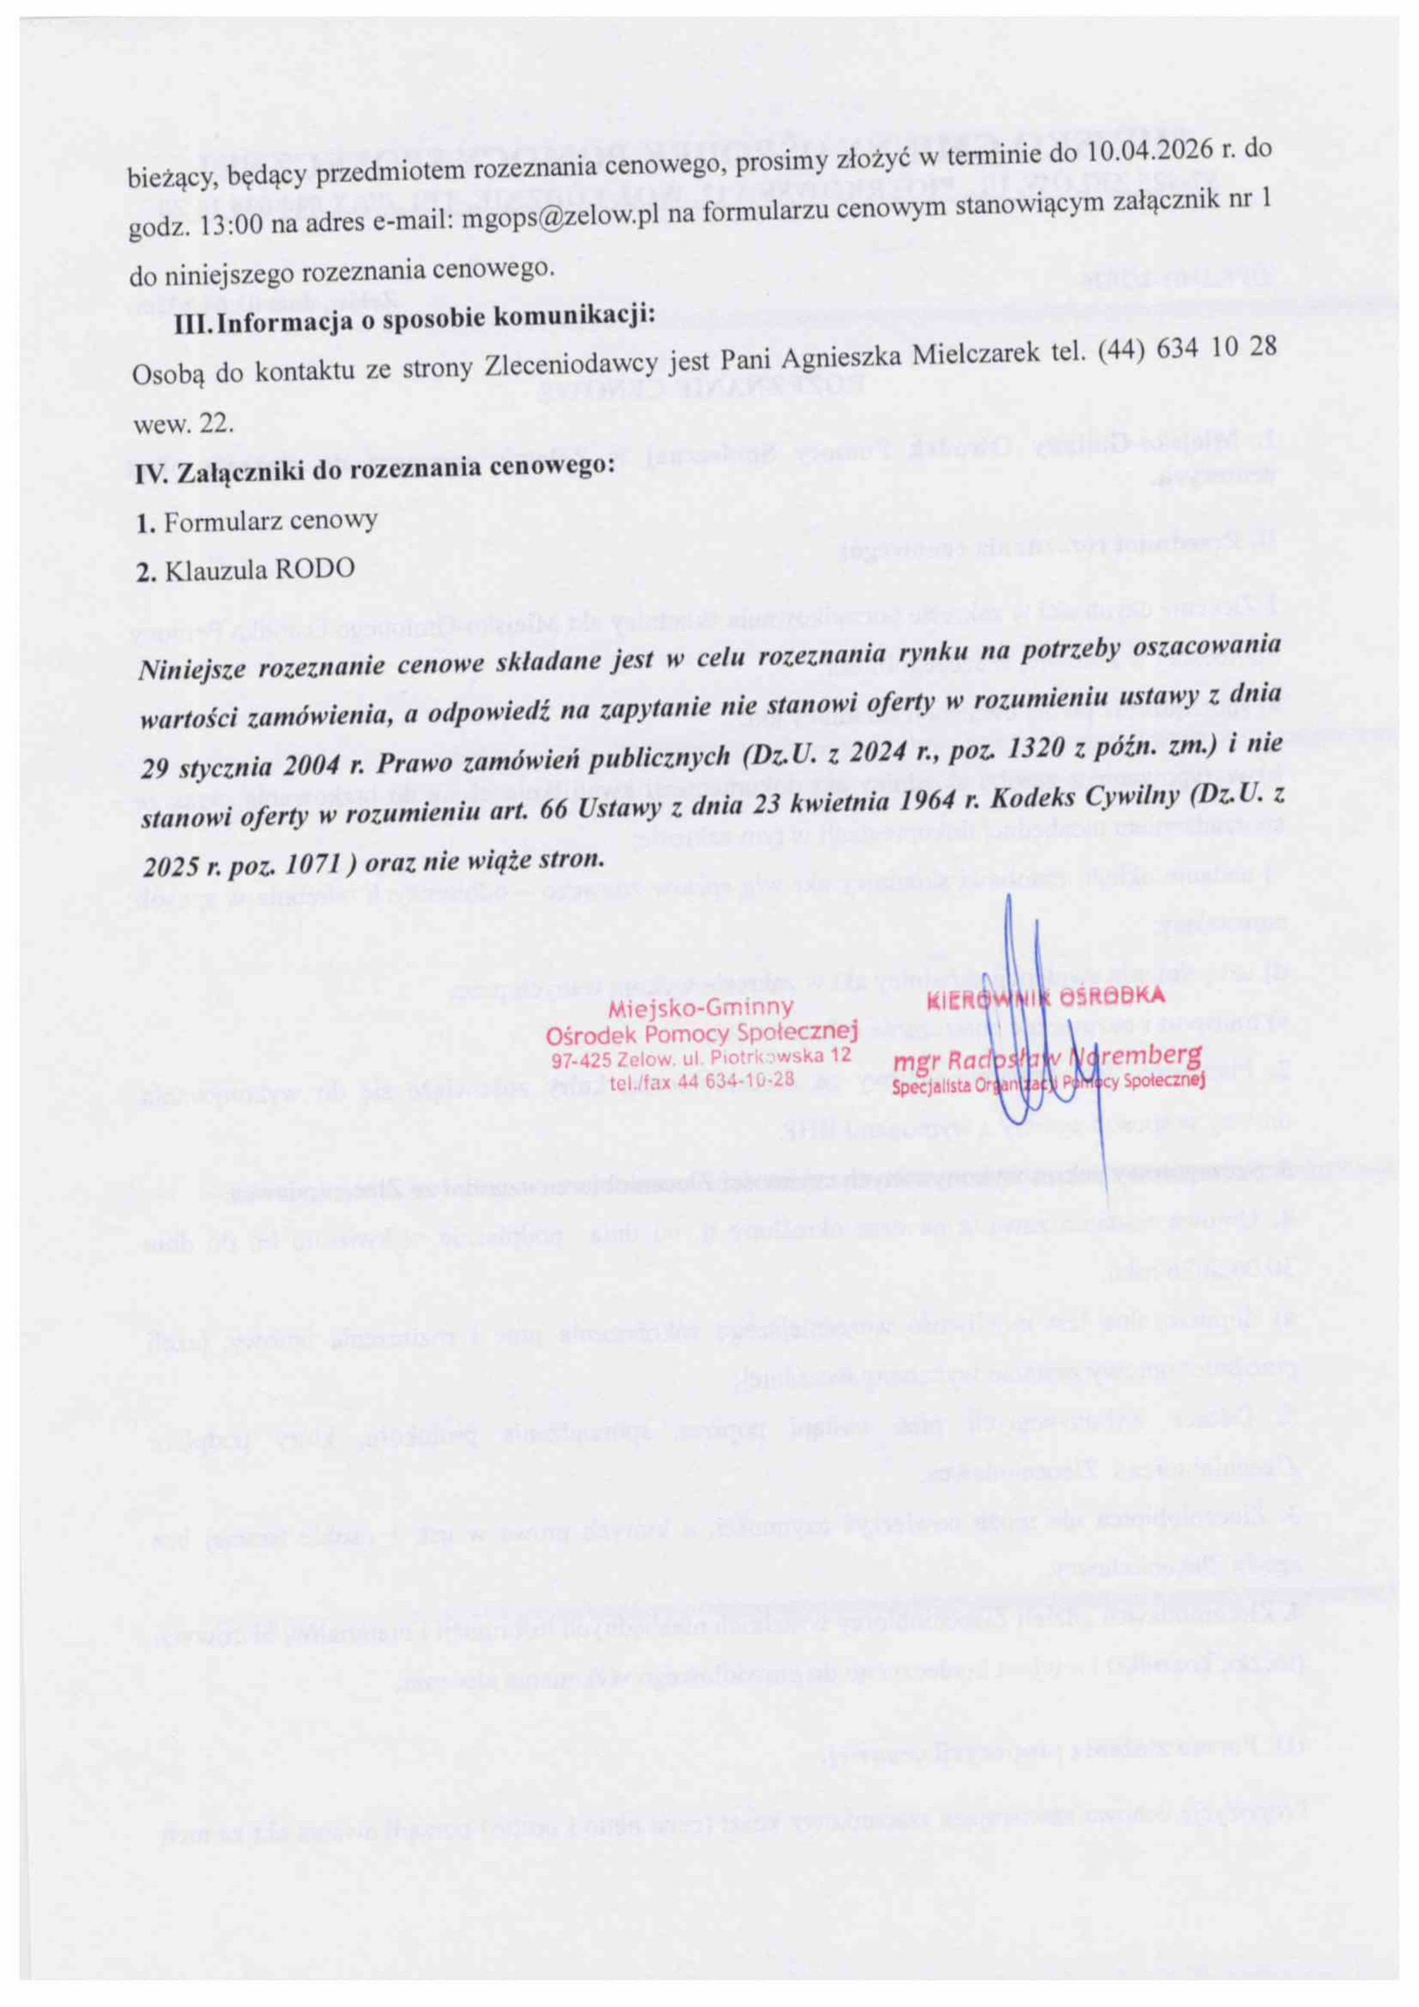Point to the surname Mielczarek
coord(972,356)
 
